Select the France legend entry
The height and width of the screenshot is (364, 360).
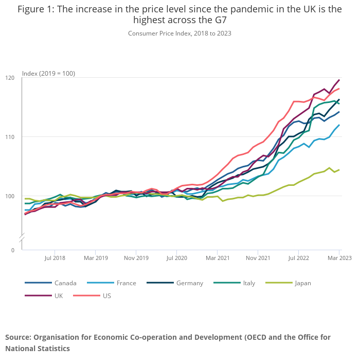click(x=127, y=283)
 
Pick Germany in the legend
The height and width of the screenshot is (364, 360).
click(x=189, y=283)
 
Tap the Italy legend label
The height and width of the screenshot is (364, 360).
click(x=249, y=283)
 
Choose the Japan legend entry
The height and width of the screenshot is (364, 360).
click(x=303, y=283)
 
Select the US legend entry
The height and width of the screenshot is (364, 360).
click(x=107, y=296)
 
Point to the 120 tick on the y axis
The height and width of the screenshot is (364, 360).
click(x=10, y=78)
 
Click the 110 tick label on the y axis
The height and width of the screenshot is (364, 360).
click(x=10, y=137)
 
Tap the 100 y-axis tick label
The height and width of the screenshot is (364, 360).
click(x=10, y=196)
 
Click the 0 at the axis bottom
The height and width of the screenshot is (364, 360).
click(x=13, y=250)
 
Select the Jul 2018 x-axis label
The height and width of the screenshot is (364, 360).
click(x=55, y=257)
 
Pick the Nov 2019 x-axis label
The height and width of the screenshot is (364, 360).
click(x=136, y=257)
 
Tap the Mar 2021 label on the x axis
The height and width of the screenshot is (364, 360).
click(x=217, y=257)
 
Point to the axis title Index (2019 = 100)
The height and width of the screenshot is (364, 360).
click(x=48, y=73)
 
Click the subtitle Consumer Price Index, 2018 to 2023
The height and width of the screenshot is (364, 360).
click(x=179, y=33)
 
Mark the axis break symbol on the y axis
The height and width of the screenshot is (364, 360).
click(x=22, y=238)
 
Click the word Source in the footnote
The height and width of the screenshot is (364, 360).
click(x=18, y=337)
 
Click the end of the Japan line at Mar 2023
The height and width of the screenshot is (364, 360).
click(x=339, y=170)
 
